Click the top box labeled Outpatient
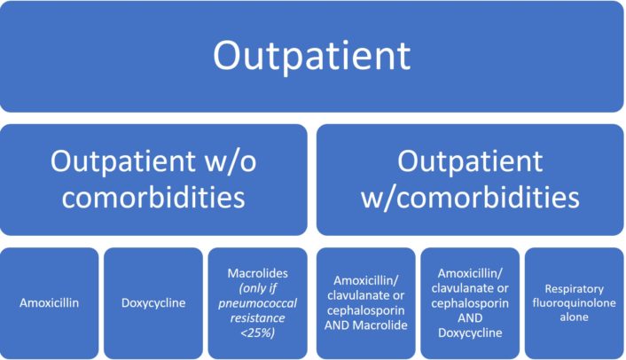[312, 56]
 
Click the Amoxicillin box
[50, 302]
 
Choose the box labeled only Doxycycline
[153, 302]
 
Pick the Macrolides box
[257, 302]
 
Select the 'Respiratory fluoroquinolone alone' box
[574, 302]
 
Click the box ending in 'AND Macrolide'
[366, 302]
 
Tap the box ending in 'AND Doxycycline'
[470, 302]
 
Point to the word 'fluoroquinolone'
[574, 302]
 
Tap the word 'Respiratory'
[575, 288]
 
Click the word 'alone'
[574, 317]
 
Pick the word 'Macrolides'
[257, 270]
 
